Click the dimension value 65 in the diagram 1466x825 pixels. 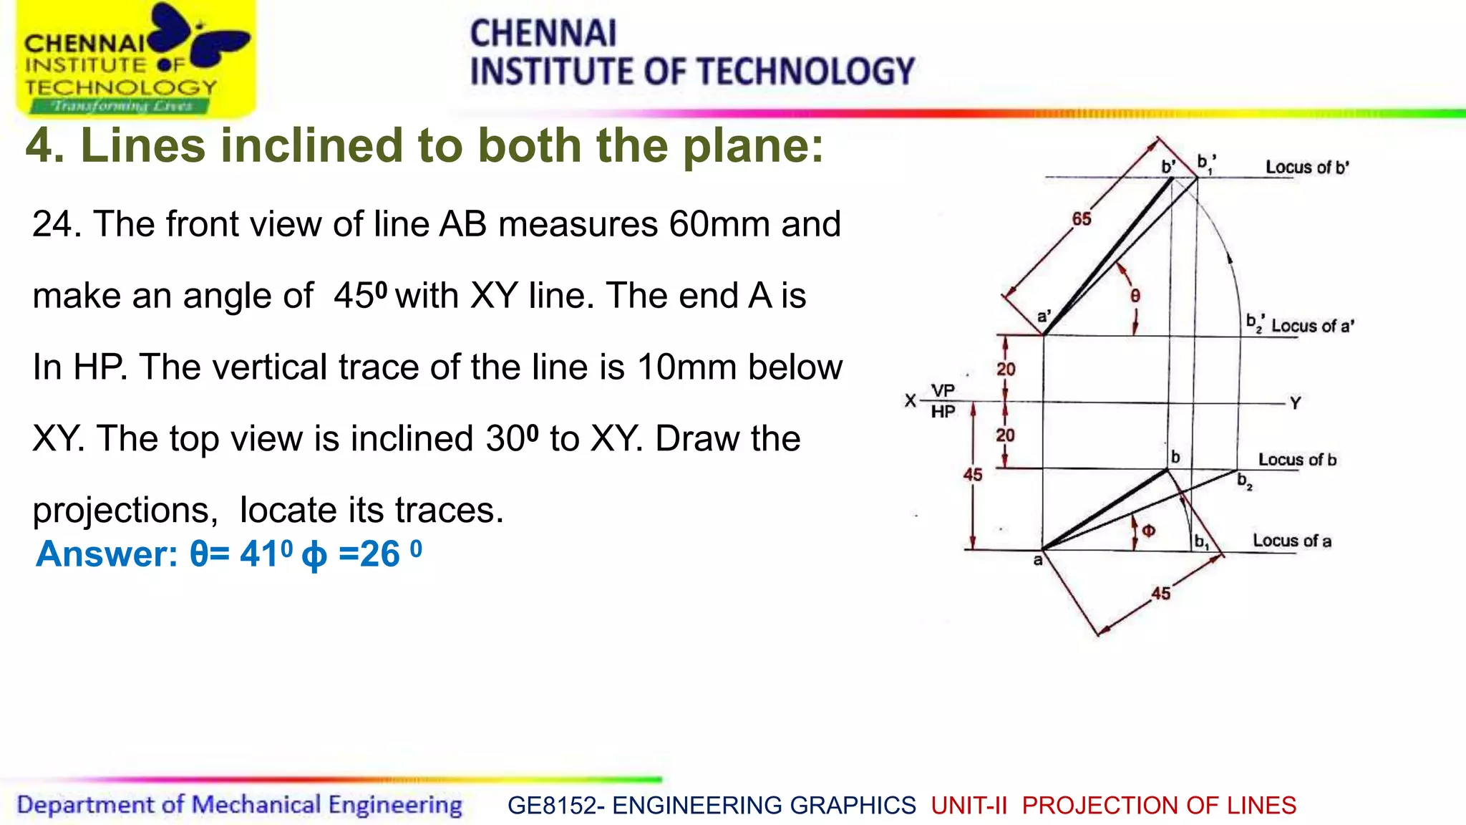point(1081,219)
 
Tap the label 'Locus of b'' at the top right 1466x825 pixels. point(1307,168)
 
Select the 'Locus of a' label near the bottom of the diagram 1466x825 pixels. point(1291,541)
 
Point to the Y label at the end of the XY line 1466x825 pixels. point(1295,404)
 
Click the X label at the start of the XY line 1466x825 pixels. point(910,401)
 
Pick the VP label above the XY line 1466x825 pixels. point(943,391)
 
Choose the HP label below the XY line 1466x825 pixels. point(943,412)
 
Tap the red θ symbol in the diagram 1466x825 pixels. point(1135,296)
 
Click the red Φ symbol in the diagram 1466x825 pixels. point(1148,531)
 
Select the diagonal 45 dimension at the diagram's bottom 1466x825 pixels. point(1161,594)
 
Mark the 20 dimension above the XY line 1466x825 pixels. point(1006,370)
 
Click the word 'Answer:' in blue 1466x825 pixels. point(107,554)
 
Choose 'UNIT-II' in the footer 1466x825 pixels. point(969,806)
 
